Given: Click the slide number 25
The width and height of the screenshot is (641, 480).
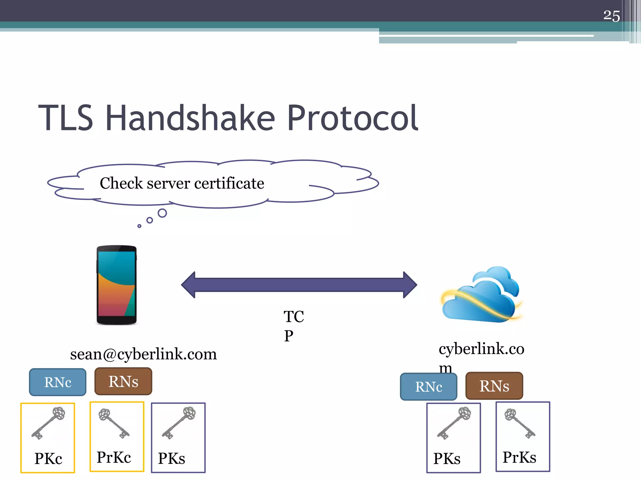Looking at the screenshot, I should click(611, 16).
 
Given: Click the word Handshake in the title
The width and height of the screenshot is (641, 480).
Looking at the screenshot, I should click(190, 118).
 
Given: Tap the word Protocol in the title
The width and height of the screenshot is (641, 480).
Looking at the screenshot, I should click(352, 118).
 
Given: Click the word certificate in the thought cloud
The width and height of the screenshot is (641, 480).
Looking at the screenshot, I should click(229, 183).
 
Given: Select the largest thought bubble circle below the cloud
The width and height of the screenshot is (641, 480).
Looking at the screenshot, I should click(162, 213).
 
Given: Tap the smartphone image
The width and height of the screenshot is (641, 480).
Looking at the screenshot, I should click(116, 285).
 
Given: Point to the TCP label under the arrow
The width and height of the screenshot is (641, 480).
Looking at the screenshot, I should click(293, 326).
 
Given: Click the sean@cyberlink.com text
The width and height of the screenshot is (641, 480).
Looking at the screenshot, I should click(143, 354).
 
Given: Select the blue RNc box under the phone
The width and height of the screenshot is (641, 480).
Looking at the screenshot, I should click(58, 382).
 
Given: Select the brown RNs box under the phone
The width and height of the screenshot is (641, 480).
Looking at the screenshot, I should click(123, 382).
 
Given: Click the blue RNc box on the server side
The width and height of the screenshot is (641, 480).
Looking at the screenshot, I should click(428, 387).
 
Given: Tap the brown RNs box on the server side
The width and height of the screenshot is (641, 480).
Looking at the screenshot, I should click(494, 386).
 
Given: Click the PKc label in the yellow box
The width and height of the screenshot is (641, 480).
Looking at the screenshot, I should click(48, 458).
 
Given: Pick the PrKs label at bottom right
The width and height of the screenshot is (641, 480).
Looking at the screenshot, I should click(519, 457).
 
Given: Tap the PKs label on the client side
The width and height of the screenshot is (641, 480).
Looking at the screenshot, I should click(172, 458).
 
